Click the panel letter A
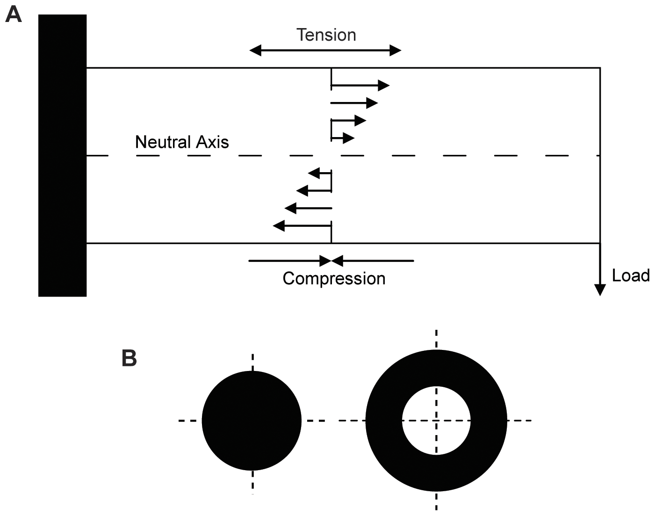click(x=13, y=15)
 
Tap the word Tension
click(x=326, y=35)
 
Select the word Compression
click(x=334, y=278)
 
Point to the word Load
click(x=631, y=276)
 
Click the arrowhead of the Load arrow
click(x=599, y=290)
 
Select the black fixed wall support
click(x=62, y=155)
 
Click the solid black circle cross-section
click(x=252, y=421)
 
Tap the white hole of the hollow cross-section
click(x=436, y=421)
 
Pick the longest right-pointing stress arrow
click(x=360, y=86)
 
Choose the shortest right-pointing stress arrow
click(x=343, y=138)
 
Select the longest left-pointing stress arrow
click(x=302, y=226)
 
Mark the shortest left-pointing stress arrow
click(x=320, y=174)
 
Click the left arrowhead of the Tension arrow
click(x=255, y=51)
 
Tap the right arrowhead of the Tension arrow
click(x=396, y=51)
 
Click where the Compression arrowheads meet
click(x=331, y=261)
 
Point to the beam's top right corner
click(x=600, y=68)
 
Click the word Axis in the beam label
click(x=213, y=142)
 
